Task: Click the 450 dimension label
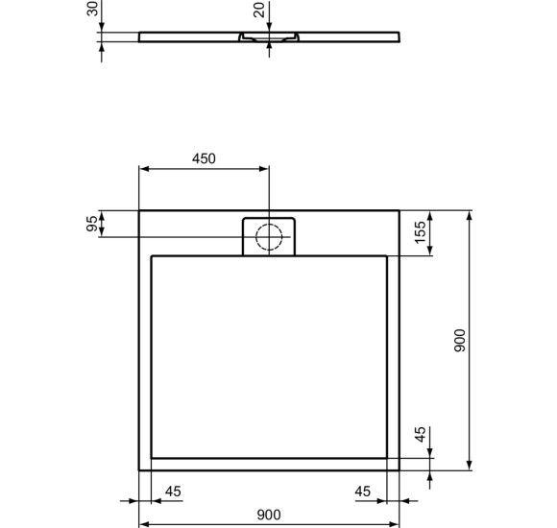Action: [203, 158]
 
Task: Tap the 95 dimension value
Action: [92, 224]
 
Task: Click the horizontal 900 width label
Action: [270, 514]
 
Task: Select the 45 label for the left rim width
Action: [173, 492]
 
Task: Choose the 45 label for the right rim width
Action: [363, 492]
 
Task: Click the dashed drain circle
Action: [270, 234]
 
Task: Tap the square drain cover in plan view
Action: [270, 236]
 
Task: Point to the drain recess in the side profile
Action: [270, 37]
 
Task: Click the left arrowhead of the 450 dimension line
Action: [144, 169]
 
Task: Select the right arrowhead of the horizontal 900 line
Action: [396, 524]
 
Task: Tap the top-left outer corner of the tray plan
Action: [140, 210]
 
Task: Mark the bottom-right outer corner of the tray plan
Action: [400, 470]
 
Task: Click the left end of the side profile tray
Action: [141, 37]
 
